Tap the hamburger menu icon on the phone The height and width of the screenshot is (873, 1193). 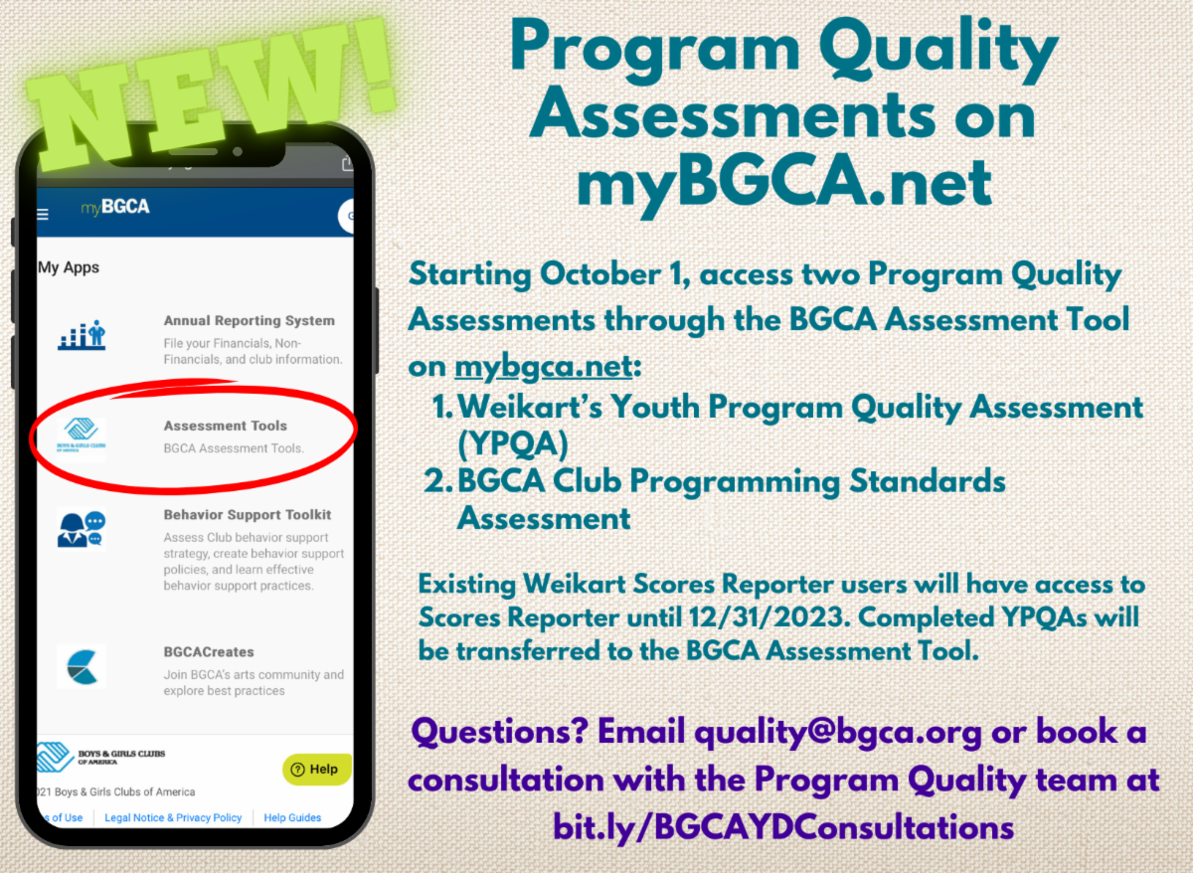pos(43,214)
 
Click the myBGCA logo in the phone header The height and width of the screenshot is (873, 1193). pos(115,208)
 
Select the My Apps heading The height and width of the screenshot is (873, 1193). pos(69,267)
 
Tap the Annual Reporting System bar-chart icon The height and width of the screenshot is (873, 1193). pos(82,336)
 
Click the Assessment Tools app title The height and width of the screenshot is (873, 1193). pos(225,426)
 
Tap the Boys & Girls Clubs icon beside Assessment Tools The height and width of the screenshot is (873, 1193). pos(82,436)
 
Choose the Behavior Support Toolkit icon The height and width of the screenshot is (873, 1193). pos(82,529)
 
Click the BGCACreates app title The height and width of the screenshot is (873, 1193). pos(209,652)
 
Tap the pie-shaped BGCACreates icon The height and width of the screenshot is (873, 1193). pos(82,666)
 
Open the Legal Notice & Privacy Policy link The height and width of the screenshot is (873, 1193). pos(173,817)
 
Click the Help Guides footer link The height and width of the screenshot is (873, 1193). pos(292,817)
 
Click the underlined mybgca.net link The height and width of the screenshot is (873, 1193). pos(543,366)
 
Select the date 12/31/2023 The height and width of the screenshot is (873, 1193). pos(765,616)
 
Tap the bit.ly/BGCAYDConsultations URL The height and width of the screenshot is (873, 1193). pos(784,825)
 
